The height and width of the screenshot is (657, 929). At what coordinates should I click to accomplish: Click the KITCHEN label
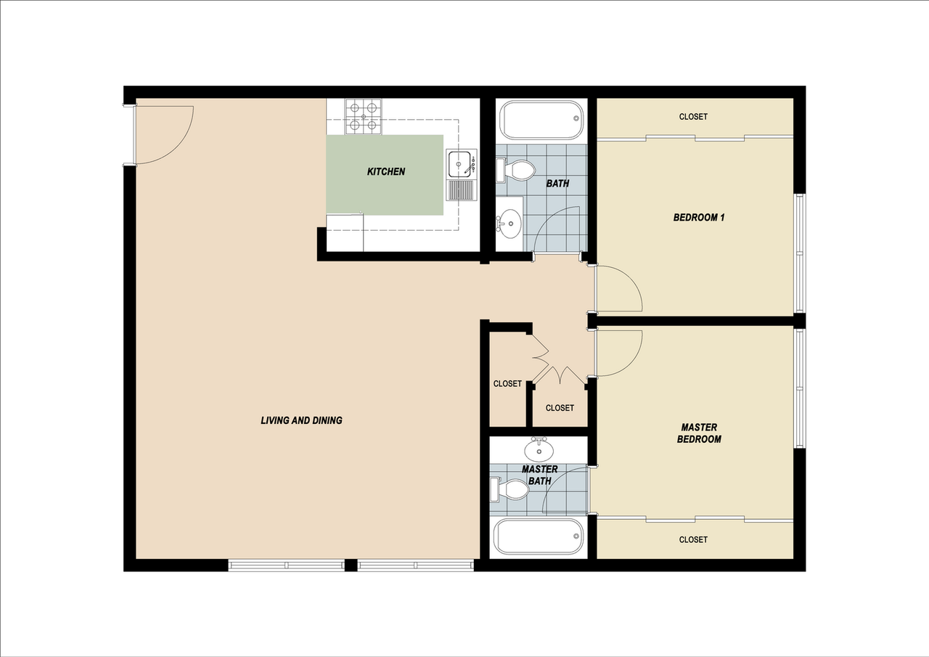(385, 172)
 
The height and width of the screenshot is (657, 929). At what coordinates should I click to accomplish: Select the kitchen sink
(459, 165)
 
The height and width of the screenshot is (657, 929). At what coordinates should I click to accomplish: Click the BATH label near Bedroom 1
(557, 184)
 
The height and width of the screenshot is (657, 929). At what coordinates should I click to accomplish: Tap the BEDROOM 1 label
(699, 217)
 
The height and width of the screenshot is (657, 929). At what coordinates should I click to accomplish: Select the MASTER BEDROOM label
(699, 433)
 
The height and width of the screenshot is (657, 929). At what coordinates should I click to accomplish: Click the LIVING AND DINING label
(301, 420)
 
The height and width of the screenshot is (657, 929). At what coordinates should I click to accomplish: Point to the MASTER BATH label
(539, 475)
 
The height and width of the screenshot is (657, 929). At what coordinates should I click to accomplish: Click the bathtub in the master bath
(538, 536)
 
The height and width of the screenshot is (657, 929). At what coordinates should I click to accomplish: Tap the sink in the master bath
(539, 449)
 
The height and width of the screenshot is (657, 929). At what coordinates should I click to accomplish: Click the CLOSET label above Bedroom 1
(693, 117)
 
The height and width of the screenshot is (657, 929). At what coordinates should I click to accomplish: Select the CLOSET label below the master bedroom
(693, 539)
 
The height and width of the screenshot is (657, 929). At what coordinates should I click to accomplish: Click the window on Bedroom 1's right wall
(800, 253)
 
